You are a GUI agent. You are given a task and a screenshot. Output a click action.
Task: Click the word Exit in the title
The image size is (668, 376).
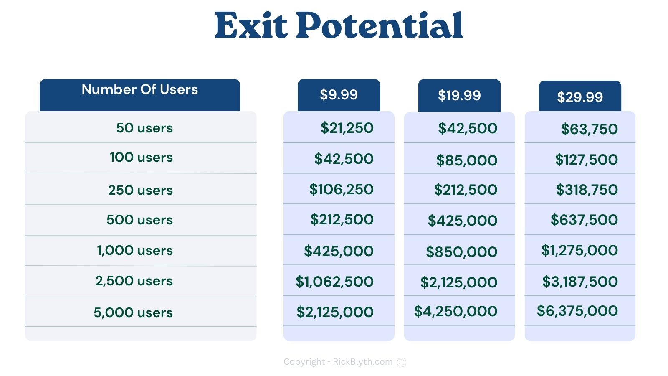point(251,25)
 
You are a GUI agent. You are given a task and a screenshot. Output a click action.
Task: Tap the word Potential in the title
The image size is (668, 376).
point(380,25)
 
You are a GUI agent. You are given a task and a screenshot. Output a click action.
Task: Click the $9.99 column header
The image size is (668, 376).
point(339,95)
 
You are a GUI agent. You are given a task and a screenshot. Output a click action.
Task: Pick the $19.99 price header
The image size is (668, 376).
point(459,96)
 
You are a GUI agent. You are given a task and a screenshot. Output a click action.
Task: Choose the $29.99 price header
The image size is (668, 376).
point(580,96)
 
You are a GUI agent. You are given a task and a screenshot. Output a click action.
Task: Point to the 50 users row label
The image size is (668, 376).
point(144,128)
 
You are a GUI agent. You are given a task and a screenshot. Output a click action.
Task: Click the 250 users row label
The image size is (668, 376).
point(140,190)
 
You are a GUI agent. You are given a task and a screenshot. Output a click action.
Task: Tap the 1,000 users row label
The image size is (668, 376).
point(135,250)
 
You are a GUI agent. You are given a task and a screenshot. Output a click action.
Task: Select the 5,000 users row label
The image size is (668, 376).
point(133,312)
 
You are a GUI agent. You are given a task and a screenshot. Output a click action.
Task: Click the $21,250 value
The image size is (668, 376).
point(347,128)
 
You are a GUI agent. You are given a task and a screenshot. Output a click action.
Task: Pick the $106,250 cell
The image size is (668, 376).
point(342,190)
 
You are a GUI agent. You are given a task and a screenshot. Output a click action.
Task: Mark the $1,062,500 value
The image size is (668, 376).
point(334,282)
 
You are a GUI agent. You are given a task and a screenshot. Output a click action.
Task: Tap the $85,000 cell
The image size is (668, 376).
point(467,160)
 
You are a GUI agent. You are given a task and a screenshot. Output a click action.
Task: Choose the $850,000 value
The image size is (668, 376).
point(462,252)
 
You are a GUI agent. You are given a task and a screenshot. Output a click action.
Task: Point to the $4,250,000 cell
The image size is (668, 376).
point(455,311)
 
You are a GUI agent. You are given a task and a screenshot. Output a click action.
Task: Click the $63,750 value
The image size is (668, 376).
point(589,129)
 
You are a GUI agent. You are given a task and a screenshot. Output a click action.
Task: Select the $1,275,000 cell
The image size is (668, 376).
point(580,250)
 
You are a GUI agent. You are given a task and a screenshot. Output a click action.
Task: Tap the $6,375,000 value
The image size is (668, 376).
point(577,311)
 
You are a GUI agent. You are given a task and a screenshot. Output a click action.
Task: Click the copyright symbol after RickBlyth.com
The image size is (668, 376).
point(402,362)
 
